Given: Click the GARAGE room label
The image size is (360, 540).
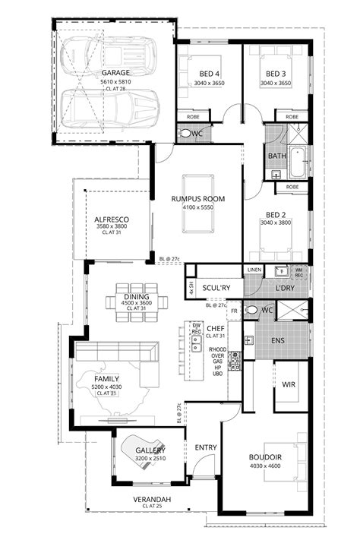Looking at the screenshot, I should [116, 72].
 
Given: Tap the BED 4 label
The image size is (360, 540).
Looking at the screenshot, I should [210, 74].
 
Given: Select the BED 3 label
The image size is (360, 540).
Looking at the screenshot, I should [275, 74].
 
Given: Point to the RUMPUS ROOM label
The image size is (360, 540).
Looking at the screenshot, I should [198, 199].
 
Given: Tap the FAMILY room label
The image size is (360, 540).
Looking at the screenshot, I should [106, 377].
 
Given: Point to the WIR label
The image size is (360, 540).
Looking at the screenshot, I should [289, 384].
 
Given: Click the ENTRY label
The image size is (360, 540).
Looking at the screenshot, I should [206, 447].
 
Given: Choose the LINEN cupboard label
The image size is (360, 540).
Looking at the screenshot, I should [254, 270].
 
